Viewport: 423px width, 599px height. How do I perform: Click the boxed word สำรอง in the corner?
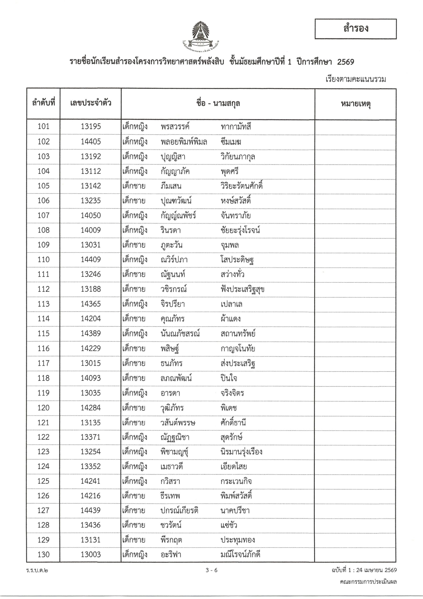(355, 29)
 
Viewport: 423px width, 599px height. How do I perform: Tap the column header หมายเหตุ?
(355, 104)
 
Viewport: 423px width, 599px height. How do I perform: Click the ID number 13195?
(90, 127)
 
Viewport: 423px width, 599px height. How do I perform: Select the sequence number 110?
(43, 259)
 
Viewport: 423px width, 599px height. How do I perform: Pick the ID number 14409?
(90, 259)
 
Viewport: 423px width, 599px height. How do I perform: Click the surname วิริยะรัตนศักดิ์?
(242, 186)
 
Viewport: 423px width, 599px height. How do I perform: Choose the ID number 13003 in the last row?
(90, 554)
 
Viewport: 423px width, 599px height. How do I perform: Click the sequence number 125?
(43, 481)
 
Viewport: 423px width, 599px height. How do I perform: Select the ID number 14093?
(90, 378)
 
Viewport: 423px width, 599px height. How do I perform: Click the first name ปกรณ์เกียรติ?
(179, 510)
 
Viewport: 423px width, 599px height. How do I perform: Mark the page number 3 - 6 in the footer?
(211, 570)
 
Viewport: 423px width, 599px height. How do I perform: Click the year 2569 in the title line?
(346, 62)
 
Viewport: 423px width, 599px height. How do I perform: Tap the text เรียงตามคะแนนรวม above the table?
(355, 79)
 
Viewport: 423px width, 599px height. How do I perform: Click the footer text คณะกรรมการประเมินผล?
(368, 581)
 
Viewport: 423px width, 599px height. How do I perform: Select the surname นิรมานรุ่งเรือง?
(241, 452)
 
